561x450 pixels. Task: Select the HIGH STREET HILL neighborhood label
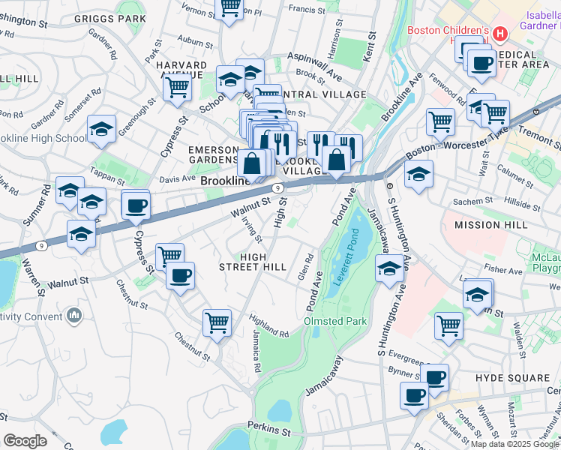pos(252,261)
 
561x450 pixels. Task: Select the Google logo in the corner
pos(25,440)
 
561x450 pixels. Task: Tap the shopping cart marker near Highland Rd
pos(217,323)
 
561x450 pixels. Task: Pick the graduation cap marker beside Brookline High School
pos(101,130)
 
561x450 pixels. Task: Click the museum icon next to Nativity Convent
pos(73,316)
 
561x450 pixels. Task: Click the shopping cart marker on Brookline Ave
pos(440,121)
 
